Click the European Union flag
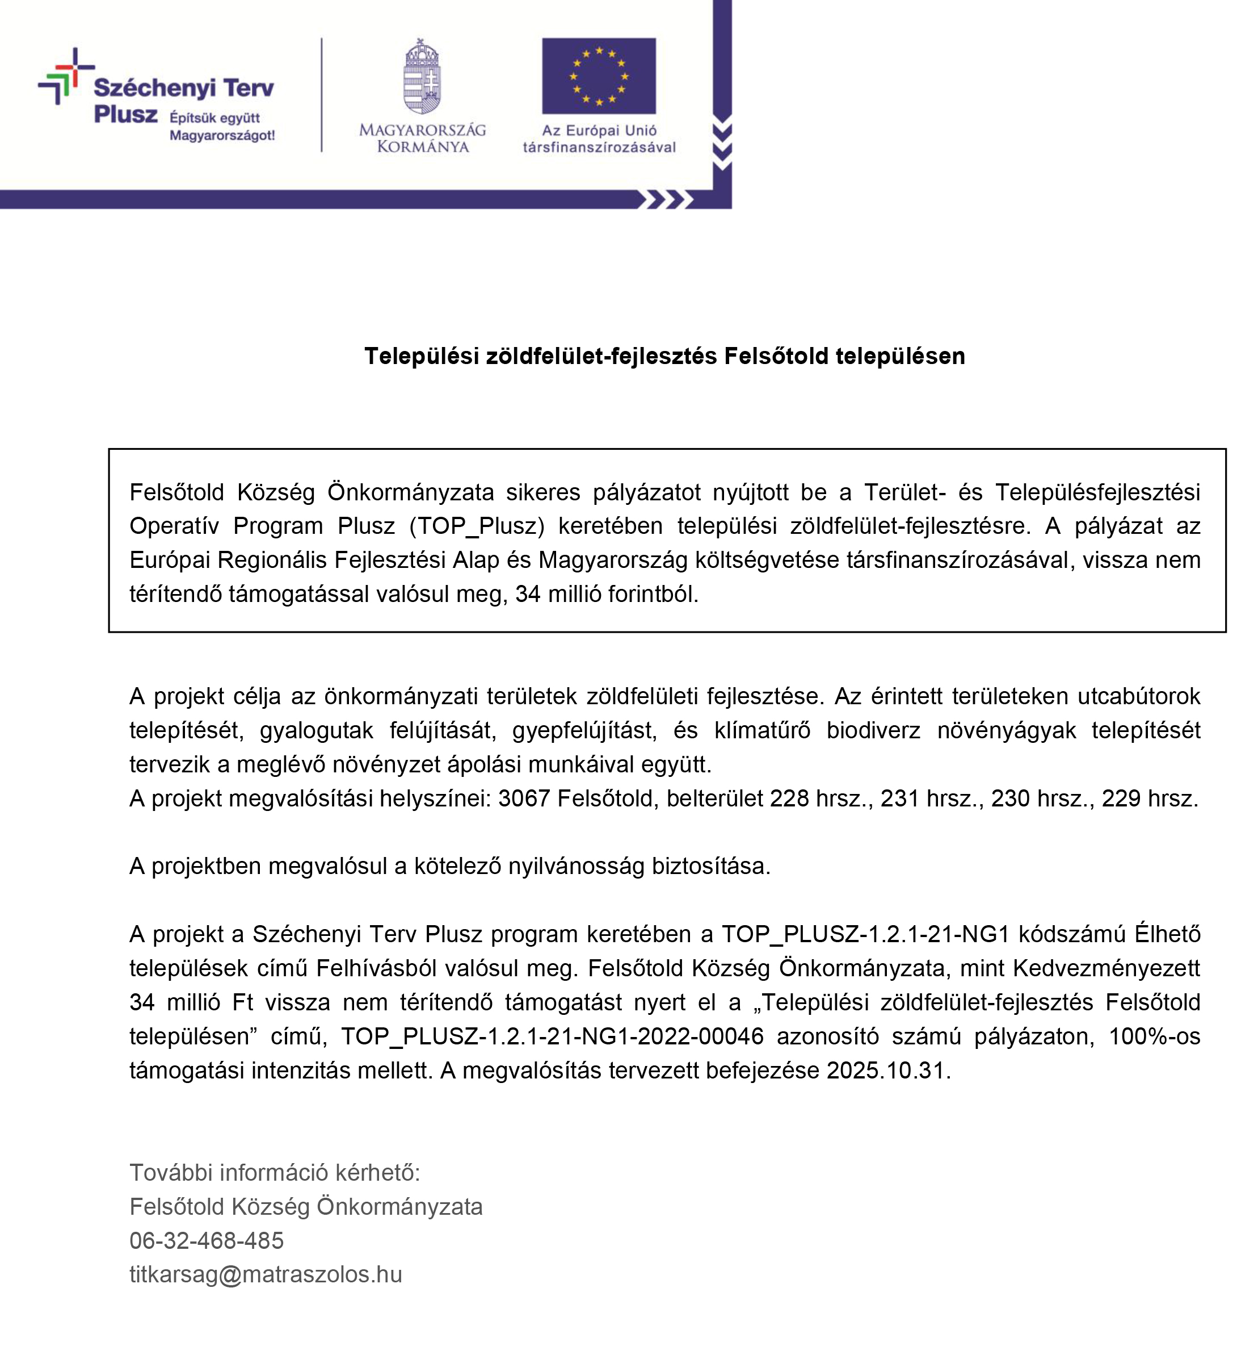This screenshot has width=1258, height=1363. coord(599,76)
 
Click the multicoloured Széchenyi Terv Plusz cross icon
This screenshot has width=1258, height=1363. coord(65,76)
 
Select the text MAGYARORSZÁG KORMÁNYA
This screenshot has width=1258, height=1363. coord(422,137)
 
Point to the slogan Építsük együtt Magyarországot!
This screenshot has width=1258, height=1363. coord(222,126)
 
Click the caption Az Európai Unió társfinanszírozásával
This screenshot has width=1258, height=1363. coord(599,139)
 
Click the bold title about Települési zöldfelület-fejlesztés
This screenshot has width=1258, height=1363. coord(664,356)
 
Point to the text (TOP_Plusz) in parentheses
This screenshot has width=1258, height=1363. coord(477,526)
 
